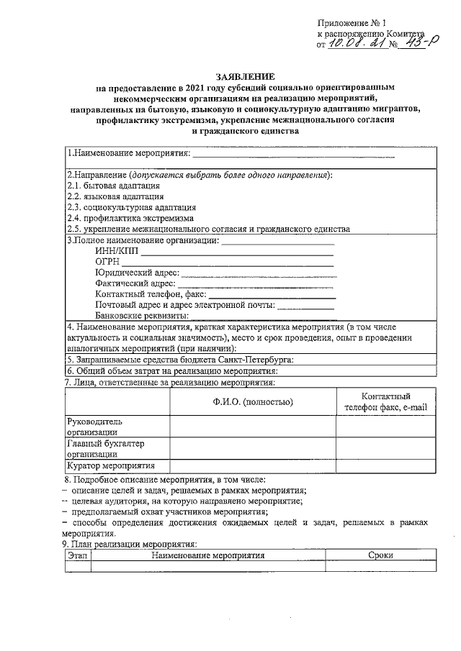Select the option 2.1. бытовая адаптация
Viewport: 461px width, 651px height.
point(108,186)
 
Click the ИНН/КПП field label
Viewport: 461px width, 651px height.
point(117,251)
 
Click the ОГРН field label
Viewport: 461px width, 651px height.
point(107,262)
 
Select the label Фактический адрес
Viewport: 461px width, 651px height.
point(135,283)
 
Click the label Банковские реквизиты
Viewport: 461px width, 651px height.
point(141,316)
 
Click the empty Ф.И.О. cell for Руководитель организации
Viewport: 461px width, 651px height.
point(252,426)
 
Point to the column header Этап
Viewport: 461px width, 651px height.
point(77,556)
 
